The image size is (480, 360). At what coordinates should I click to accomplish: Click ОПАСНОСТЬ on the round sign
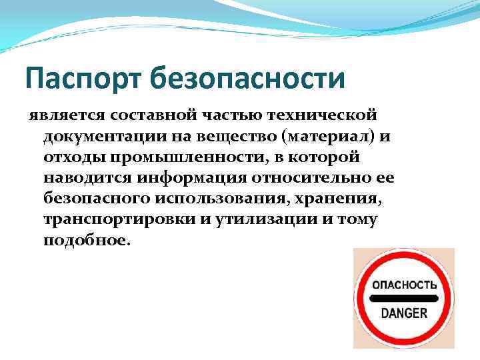coord(403,284)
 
